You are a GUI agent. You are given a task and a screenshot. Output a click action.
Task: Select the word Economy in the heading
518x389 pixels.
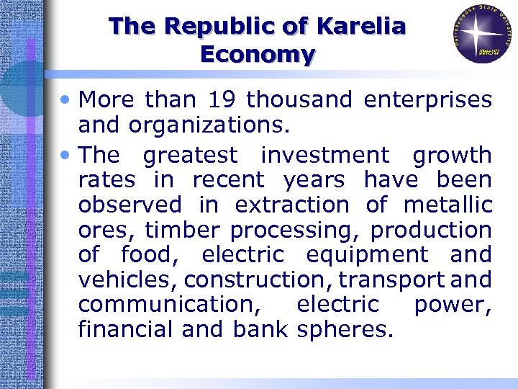click(x=258, y=54)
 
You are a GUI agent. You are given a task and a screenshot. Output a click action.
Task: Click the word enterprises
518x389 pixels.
click(x=428, y=99)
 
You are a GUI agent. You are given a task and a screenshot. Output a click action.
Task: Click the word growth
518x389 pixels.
click(x=452, y=155)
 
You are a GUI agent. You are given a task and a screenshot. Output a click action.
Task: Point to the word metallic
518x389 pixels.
click(x=447, y=205)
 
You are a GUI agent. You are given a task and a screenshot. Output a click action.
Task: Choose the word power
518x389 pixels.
click(x=453, y=305)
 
